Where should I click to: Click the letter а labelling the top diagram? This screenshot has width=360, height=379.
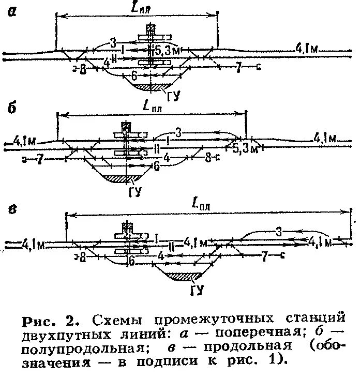(x=11, y=12)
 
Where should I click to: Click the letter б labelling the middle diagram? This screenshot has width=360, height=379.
(x=11, y=108)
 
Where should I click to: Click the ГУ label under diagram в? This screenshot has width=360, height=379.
(x=196, y=291)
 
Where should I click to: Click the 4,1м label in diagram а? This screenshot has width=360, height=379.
(x=306, y=49)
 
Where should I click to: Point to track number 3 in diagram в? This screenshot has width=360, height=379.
(x=278, y=232)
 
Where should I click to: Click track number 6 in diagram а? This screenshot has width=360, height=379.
(x=134, y=75)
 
